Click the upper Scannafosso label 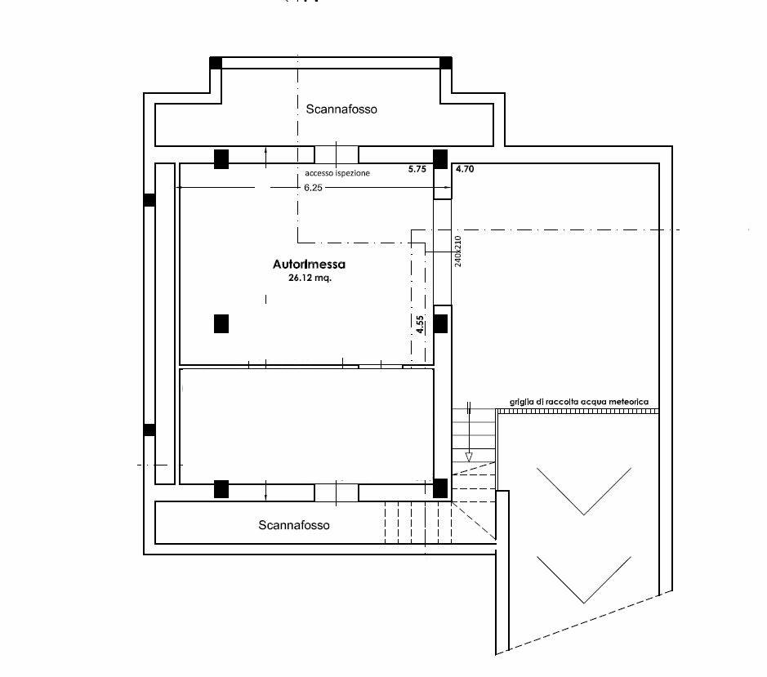point(341,109)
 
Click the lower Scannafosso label point(294,525)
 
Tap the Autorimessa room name point(309,264)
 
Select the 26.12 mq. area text point(310,278)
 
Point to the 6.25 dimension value point(313,187)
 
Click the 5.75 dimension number point(417,169)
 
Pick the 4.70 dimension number point(465,169)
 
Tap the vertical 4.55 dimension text point(420,324)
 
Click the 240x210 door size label point(458,252)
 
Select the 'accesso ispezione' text point(337,173)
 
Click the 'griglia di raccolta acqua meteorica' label point(579,402)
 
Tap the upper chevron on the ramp point(584,491)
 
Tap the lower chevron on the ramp point(584,580)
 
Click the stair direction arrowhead point(469,457)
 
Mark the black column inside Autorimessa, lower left point(221,324)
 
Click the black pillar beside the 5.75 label point(440,159)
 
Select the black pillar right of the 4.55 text point(440,324)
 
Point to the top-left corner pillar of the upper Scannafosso point(216,63)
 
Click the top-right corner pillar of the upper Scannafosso point(446,63)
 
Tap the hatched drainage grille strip point(578,412)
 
